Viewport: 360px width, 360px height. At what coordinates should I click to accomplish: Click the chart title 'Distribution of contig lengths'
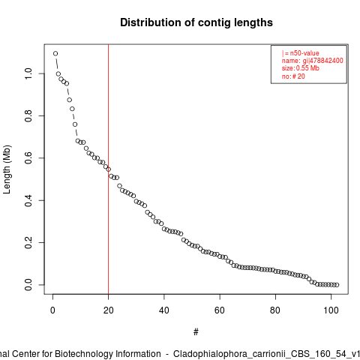pos(196,22)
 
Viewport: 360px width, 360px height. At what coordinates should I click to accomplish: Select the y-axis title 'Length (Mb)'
pos(7,169)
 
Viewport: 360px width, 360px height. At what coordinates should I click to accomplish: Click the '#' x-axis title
pos(196,332)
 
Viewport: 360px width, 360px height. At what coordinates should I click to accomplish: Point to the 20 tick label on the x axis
pos(108,310)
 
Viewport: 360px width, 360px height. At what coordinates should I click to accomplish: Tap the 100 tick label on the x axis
pos(331,310)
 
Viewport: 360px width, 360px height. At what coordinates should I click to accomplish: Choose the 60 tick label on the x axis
pos(220,310)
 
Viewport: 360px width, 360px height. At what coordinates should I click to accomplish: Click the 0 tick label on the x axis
pos(52,310)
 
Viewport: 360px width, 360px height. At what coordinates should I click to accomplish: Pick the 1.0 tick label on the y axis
pos(28,73)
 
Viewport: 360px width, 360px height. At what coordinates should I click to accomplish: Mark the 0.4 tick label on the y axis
pos(28,200)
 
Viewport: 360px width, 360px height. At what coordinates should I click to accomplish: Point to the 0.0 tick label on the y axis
pos(28,285)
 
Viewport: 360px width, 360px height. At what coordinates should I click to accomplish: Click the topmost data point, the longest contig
pos(55,53)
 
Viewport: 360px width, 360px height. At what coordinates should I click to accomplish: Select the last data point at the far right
pos(337,285)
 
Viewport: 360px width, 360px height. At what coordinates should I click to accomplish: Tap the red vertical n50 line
pos(108,169)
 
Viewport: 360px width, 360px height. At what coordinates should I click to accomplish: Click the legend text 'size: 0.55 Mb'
pos(301,68)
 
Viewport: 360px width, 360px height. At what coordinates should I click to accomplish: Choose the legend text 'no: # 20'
pos(293,76)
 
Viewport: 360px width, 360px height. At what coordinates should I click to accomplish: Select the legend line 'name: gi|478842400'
pos(313,61)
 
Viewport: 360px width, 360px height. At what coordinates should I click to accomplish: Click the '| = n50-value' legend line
pos(301,53)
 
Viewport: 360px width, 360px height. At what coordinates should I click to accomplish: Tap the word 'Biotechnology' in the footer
pos(108,354)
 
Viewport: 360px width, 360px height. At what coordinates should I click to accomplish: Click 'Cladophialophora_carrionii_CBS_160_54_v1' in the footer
pos(266,354)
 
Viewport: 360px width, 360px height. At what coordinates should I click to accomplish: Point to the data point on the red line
pos(108,169)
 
